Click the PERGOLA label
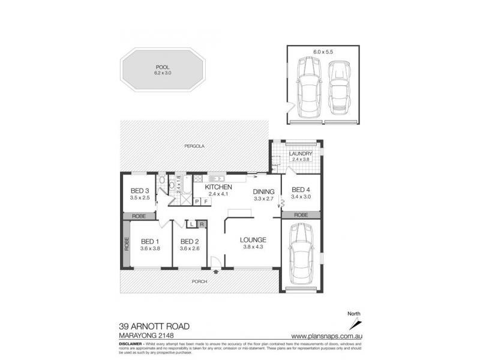coord(194,146)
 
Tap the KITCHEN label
coord(219,187)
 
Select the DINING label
coord(264,191)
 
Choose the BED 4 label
coord(301,190)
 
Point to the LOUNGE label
coord(254,240)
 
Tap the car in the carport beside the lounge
coord(301,255)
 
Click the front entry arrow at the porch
coord(215,272)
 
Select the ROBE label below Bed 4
coord(301,214)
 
